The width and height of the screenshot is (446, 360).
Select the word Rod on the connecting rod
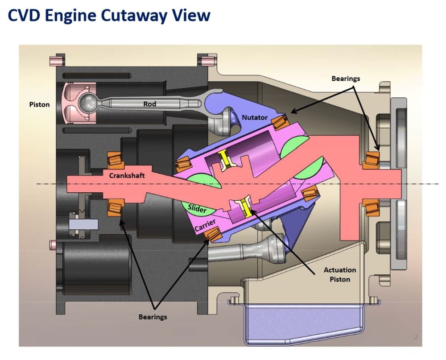[149, 104]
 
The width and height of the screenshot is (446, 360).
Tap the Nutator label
[255, 117]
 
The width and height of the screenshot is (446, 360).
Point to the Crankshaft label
[127, 175]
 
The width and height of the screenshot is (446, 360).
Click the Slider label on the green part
[197, 208]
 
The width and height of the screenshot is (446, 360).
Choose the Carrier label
[206, 225]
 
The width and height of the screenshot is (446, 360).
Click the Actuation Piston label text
[340, 274]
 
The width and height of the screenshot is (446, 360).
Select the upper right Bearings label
[346, 79]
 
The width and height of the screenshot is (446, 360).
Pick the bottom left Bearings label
[153, 317]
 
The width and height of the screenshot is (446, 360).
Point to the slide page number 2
[416, 337]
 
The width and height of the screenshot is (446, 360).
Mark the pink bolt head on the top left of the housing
[55, 60]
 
